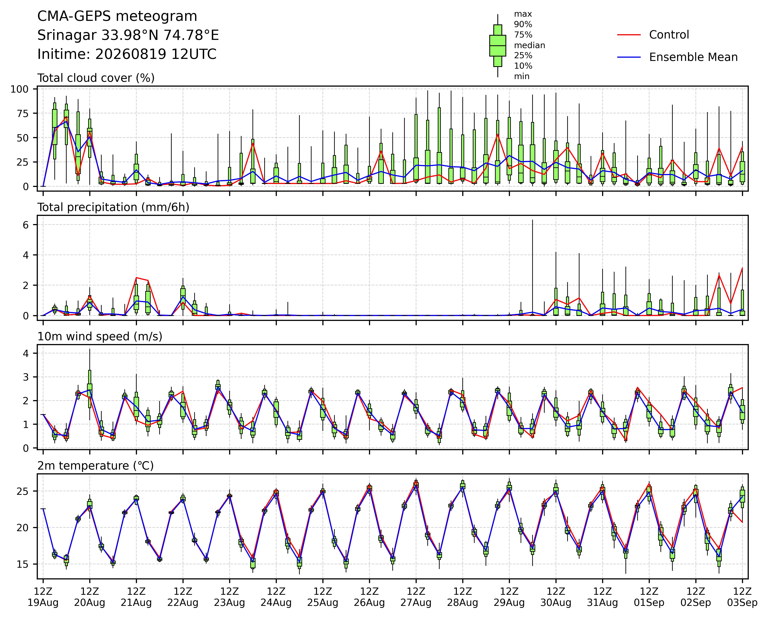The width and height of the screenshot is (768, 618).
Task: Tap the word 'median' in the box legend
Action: (529, 45)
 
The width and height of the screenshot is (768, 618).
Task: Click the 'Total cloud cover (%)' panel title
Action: (96, 78)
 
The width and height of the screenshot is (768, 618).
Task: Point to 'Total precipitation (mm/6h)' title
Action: (113, 207)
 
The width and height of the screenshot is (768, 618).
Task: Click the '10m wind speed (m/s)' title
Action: (100, 337)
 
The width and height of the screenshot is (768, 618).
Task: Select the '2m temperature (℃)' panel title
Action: (95, 466)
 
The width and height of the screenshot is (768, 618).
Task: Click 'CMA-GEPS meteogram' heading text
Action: (117, 16)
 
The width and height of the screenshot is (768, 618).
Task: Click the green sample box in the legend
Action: (498, 46)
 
